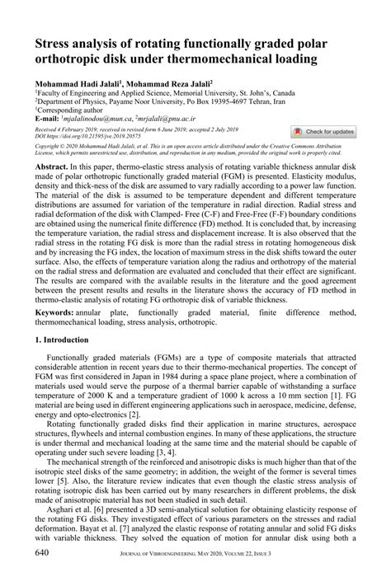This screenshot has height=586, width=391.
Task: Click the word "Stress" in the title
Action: pos(58,44)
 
